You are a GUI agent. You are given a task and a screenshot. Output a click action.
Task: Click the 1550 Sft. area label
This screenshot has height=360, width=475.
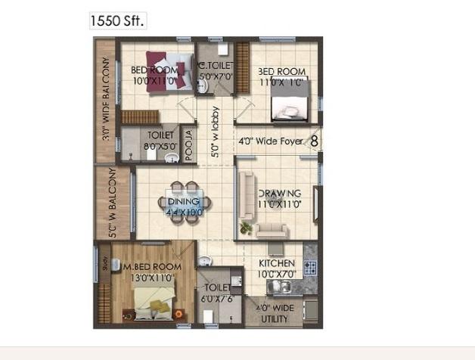(116, 20)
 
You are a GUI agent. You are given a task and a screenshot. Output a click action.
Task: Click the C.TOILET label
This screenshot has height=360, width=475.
(216, 67)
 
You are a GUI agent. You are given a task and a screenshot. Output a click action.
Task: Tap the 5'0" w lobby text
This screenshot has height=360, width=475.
(215, 136)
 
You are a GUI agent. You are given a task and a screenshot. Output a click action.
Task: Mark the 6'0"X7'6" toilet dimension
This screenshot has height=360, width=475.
(213, 299)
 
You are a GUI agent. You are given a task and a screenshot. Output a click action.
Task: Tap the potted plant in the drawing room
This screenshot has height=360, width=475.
(244, 225)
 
